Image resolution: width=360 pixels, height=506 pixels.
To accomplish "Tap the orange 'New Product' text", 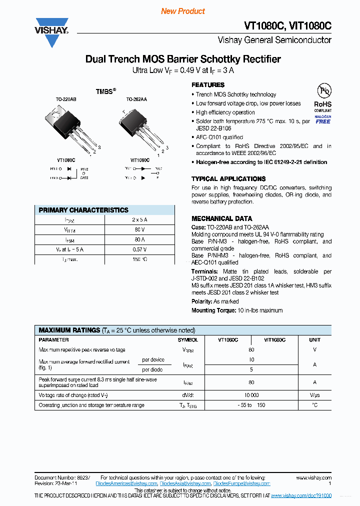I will tap(182, 11).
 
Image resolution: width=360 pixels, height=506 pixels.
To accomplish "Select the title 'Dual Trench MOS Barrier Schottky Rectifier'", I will tap(183, 59).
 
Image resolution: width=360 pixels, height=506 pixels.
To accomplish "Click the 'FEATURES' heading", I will tap(208, 85).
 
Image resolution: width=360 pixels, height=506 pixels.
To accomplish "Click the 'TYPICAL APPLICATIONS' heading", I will tap(228, 179).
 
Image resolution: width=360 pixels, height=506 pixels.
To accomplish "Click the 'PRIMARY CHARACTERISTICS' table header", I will tap(83, 210).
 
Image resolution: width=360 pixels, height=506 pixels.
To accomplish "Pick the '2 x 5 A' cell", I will tap(139, 220).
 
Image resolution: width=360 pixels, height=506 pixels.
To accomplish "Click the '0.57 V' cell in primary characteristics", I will tap(139, 249).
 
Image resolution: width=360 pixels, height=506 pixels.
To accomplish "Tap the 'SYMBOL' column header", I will tap(187, 339).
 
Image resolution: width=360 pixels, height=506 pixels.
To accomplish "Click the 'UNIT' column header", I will tap(314, 339).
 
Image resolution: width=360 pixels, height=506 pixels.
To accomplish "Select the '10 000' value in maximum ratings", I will tap(251, 395).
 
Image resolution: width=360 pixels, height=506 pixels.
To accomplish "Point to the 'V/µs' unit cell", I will tap(314, 395).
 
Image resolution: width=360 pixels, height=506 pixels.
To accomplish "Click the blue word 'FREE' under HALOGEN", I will tap(323, 121).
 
